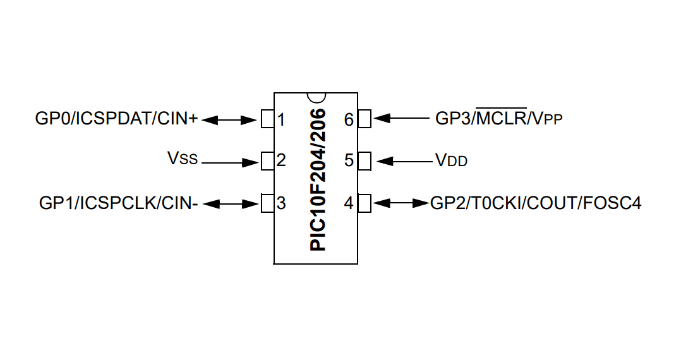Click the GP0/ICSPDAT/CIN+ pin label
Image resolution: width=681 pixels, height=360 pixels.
click(x=117, y=118)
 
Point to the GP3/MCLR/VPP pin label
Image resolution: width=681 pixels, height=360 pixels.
click(x=498, y=118)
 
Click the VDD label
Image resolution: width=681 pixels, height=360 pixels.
click(x=451, y=160)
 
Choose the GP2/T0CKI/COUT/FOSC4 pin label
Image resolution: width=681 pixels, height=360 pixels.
click(x=536, y=203)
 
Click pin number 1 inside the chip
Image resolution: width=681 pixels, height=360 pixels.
click(x=281, y=119)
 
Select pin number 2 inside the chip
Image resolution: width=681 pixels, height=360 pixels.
click(x=281, y=160)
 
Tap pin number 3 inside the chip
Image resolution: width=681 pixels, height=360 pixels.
click(x=281, y=203)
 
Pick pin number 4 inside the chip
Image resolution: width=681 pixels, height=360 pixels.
click(x=349, y=203)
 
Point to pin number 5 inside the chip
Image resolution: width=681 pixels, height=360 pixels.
click(x=349, y=160)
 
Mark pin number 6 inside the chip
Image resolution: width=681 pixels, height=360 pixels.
click(x=349, y=119)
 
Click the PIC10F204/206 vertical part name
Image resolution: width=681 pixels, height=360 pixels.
click(x=318, y=179)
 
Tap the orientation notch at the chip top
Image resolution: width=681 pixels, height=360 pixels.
click(x=315, y=97)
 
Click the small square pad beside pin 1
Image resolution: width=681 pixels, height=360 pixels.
click(x=267, y=118)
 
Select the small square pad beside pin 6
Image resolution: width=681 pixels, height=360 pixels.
click(x=364, y=118)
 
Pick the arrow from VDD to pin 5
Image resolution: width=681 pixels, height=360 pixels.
click(x=402, y=161)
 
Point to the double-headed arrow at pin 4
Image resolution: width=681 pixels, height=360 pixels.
click(x=402, y=203)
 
